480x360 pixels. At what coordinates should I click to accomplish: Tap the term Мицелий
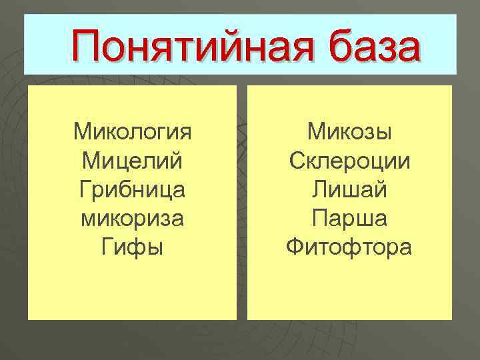click(x=132, y=161)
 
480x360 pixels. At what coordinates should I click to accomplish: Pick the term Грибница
click(x=132, y=190)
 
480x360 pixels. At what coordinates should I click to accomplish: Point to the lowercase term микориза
click(x=132, y=219)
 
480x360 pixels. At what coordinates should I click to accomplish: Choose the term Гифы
click(x=132, y=249)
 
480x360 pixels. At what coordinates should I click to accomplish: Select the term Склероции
click(x=349, y=161)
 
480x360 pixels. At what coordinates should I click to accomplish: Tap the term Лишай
click(x=349, y=190)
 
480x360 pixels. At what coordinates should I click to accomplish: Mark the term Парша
click(x=349, y=219)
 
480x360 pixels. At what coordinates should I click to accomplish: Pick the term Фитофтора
click(x=349, y=249)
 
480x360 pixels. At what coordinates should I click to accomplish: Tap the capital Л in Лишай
click(x=319, y=190)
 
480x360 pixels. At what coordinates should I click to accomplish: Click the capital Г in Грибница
click(x=83, y=190)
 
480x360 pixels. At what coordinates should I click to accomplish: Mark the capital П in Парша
click(x=319, y=219)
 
